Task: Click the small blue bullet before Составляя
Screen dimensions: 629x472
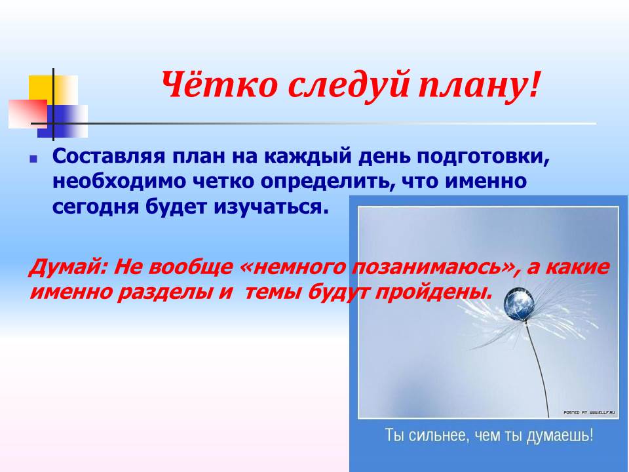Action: coord(33,159)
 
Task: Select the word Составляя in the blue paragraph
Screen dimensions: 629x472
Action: coord(109,156)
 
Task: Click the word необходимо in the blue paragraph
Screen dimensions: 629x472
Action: coord(119,182)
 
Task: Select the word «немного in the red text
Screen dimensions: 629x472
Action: coord(294,267)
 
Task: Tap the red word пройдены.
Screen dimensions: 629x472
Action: coord(433,292)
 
